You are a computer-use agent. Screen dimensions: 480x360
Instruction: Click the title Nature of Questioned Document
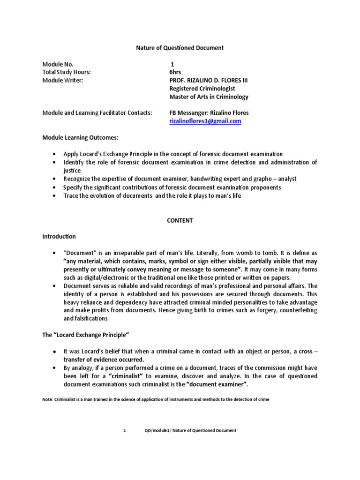(x=180, y=48)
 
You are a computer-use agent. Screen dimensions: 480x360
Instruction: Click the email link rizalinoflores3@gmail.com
(x=205, y=121)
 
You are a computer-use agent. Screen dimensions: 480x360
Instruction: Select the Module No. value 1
(x=172, y=64)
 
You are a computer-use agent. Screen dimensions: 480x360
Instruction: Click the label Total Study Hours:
(x=66, y=72)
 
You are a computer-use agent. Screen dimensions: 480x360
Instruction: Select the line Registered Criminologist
(x=202, y=89)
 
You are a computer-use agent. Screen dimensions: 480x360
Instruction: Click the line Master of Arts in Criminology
(x=209, y=97)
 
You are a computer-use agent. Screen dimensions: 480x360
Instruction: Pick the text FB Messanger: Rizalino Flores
(x=209, y=113)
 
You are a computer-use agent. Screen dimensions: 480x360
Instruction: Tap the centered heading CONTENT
(x=180, y=220)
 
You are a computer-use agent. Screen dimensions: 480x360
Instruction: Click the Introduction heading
(x=59, y=236)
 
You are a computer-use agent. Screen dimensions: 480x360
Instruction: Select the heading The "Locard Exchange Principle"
(x=85, y=336)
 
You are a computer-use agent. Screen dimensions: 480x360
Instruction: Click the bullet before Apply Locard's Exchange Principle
(x=54, y=154)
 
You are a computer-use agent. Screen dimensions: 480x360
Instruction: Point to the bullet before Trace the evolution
(x=54, y=195)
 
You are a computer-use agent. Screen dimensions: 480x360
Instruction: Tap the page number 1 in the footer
(x=125, y=430)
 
